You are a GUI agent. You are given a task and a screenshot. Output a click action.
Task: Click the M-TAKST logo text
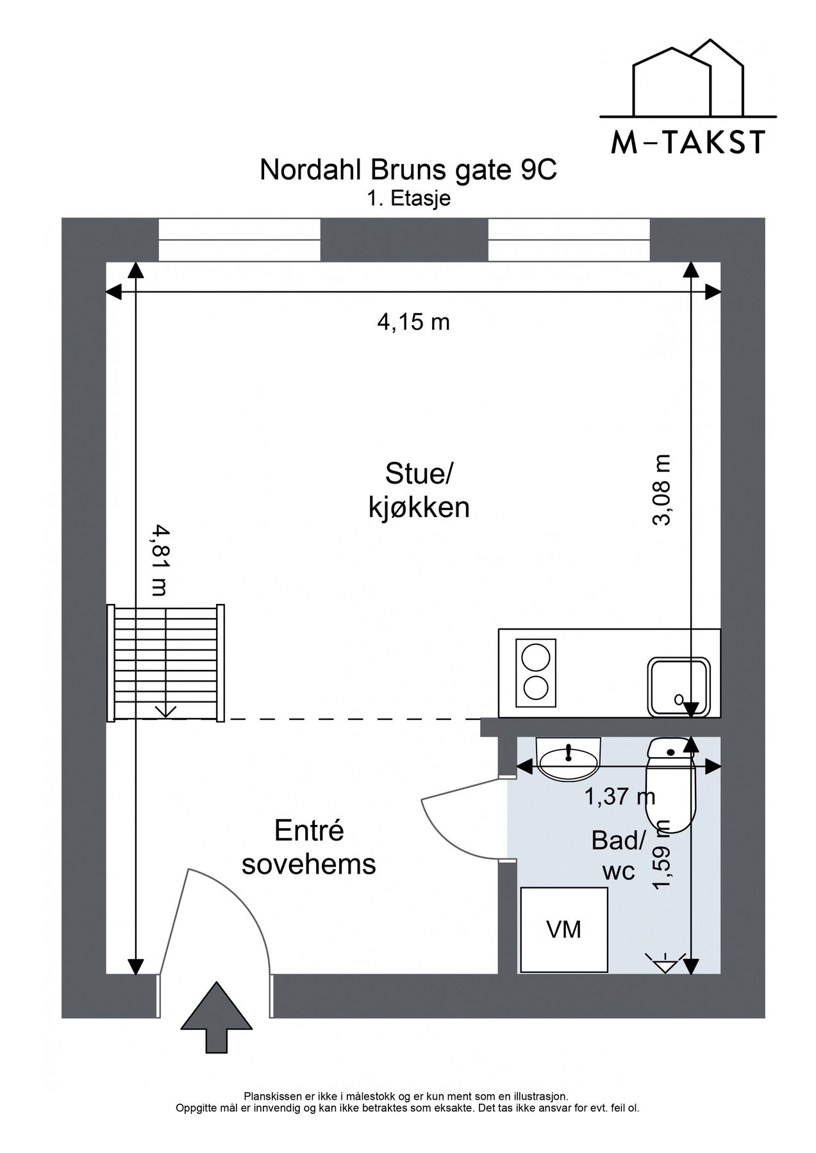[688, 142]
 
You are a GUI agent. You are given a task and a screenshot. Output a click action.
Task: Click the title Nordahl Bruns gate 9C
[408, 171]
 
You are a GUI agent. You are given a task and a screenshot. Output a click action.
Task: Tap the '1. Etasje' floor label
[408, 199]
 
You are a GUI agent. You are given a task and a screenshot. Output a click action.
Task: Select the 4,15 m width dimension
[413, 322]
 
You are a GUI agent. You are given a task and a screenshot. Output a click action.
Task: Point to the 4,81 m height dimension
[158, 560]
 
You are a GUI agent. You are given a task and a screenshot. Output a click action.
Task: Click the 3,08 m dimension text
[662, 490]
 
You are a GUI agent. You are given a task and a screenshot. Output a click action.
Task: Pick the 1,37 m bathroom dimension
[619, 797]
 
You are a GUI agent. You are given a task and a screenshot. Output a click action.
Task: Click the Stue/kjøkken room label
[419, 491]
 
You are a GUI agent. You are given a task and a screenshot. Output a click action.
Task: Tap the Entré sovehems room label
[309, 847]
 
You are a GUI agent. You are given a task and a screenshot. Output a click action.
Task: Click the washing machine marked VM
[564, 930]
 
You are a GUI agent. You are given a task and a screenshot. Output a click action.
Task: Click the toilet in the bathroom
[670, 785]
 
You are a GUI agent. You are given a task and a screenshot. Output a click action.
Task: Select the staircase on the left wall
[167, 662]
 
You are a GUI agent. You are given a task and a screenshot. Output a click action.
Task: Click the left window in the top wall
[239, 240]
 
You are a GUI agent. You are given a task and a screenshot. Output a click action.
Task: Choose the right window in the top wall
[569, 240]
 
